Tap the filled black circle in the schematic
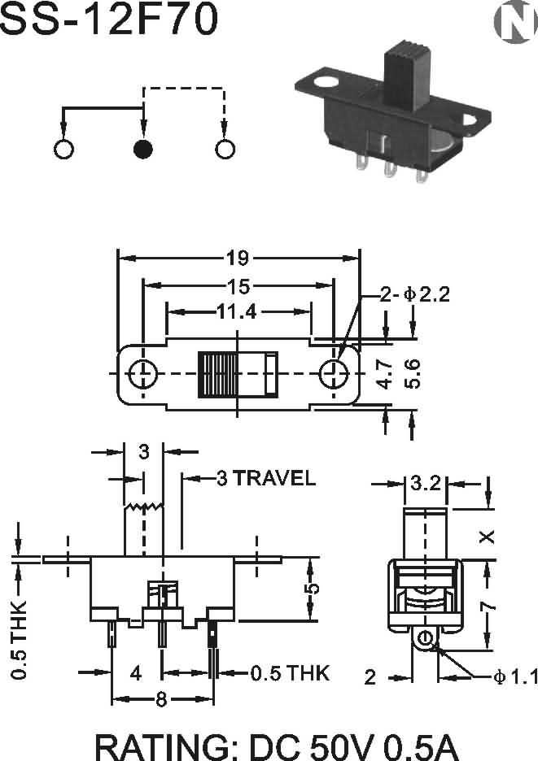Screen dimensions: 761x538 (x=143, y=149)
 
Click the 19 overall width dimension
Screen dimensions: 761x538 (x=237, y=259)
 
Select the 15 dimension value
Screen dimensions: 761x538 (x=238, y=285)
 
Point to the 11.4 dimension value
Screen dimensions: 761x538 (x=238, y=311)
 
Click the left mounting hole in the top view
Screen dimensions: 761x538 (x=143, y=374)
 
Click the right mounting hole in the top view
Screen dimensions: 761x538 (x=333, y=374)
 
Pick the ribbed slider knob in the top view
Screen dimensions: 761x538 (x=217, y=374)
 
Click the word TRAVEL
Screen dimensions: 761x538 (x=275, y=478)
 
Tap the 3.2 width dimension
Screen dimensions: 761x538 (x=425, y=485)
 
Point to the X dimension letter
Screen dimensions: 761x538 (x=487, y=537)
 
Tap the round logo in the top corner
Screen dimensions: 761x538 (x=514, y=24)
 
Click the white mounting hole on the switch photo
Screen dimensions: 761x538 (x=326, y=82)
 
